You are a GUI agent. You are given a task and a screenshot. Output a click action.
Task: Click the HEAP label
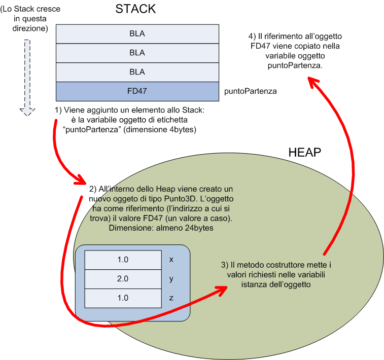(x=305, y=153)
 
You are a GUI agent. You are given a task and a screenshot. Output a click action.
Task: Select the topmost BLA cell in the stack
(x=137, y=34)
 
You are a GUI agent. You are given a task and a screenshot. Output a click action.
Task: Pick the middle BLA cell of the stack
(x=137, y=53)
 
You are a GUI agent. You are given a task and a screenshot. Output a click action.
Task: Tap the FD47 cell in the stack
(x=137, y=91)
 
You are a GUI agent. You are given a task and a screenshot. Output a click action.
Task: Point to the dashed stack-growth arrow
(x=26, y=76)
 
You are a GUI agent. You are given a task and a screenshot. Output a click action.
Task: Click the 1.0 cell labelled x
(x=123, y=260)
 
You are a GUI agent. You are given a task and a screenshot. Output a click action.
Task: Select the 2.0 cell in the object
(x=123, y=279)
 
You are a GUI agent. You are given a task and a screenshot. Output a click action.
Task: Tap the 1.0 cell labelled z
(x=123, y=298)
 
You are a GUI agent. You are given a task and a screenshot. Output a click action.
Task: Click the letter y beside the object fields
(x=171, y=279)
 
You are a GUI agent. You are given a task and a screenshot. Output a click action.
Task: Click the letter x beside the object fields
(x=171, y=260)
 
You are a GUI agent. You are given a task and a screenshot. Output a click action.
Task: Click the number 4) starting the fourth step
(x=252, y=37)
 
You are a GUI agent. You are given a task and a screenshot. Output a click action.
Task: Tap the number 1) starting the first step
(x=58, y=110)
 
